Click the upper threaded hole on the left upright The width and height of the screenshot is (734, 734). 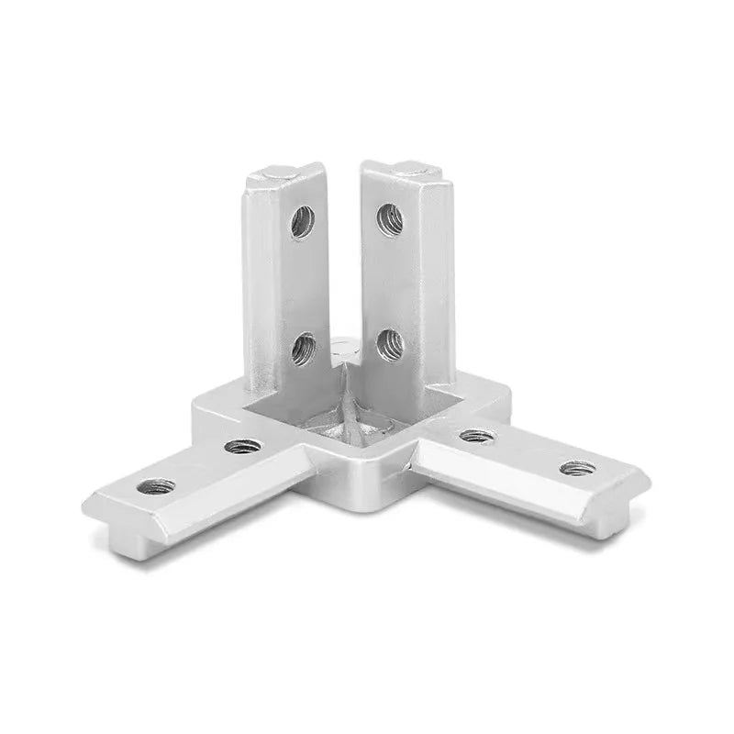point(302,221)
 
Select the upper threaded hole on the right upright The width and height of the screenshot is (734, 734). point(389,219)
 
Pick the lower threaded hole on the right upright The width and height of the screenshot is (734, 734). point(388,343)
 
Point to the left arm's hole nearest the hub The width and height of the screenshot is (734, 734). point(242,447)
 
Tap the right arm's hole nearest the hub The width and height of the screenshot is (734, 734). point(473,436)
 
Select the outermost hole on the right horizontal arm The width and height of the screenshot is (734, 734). point(575,468)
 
